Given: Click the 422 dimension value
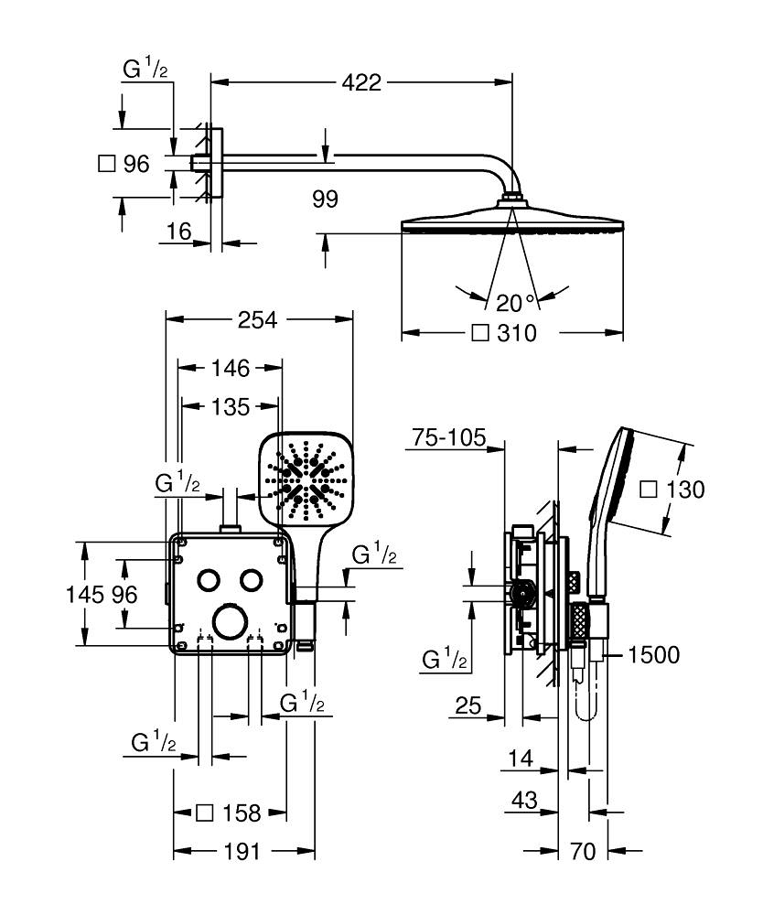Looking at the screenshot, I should click(360, 83).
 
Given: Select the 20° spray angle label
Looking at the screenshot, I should click(515, 302).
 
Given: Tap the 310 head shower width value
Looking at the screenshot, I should click(517, 333).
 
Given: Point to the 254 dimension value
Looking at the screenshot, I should click(259, 318).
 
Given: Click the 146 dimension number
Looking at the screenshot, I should click(230, 368).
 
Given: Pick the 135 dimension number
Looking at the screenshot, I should click(230, 406).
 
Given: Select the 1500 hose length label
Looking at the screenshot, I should click(654, 655).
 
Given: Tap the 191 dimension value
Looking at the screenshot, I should click(244, 852).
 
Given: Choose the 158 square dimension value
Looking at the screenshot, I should click(242, 813).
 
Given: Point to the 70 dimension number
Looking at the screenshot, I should click(582, 852).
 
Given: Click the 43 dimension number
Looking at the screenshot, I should click(524, 800).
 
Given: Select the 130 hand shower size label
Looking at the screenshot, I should click(684, 490).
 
